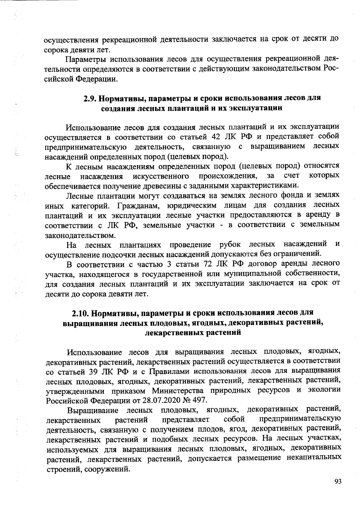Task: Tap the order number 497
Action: point(199,400)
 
